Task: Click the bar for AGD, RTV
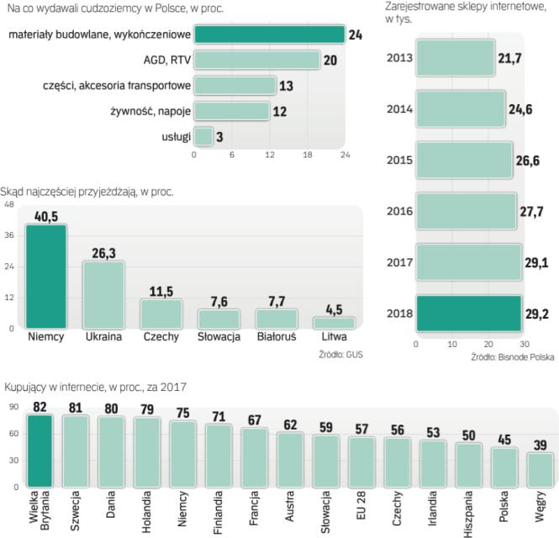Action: coord(257,61)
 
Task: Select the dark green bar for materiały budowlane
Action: coord(269,34)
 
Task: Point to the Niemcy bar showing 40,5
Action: coord(46,277)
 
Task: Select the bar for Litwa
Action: coord(334,323)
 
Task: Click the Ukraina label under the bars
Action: coord(104,338)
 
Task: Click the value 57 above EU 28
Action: coord(361,430)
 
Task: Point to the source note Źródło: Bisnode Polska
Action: coord(513,357)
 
